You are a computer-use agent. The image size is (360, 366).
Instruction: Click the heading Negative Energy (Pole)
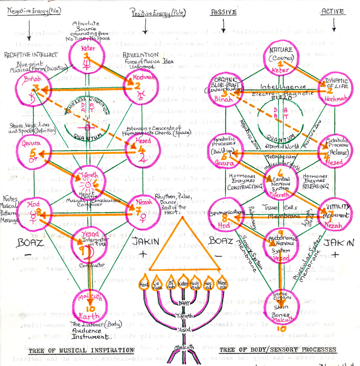[34, 12]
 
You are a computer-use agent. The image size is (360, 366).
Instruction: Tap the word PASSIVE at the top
[223, 12]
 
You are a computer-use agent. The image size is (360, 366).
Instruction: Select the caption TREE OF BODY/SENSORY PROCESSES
[278, 350]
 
